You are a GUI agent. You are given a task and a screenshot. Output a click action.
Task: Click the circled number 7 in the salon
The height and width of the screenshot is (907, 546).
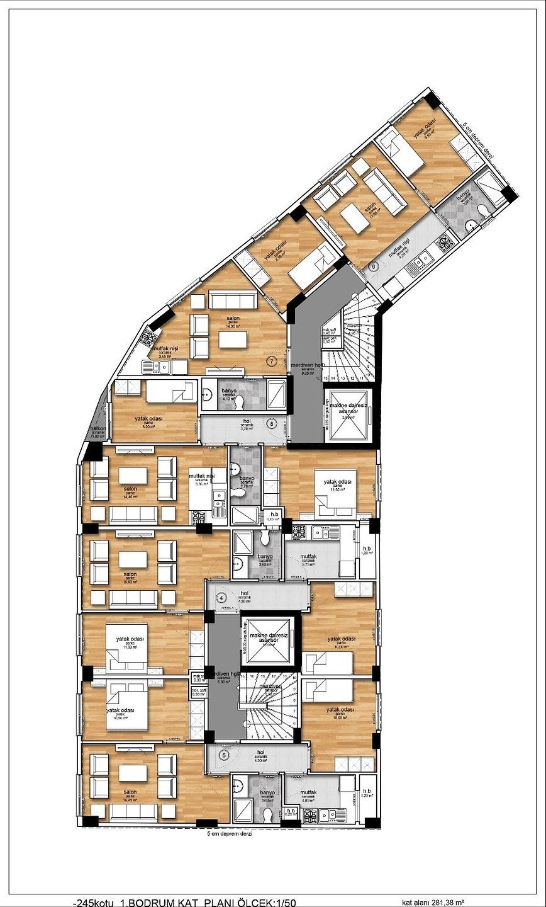271,361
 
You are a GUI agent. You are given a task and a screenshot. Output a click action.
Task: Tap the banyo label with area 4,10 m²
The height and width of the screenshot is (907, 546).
228,394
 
